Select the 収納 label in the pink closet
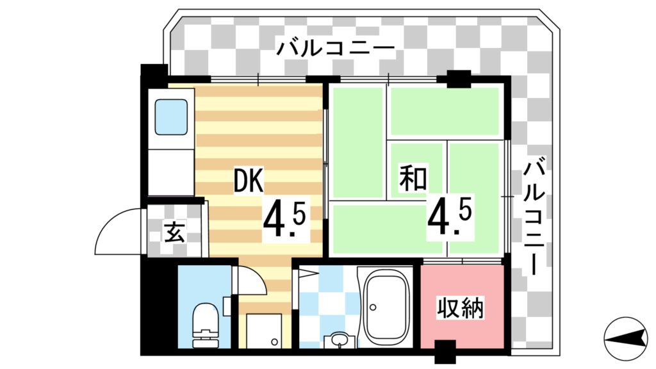pos(461,308)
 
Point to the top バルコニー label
pos(335,49)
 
